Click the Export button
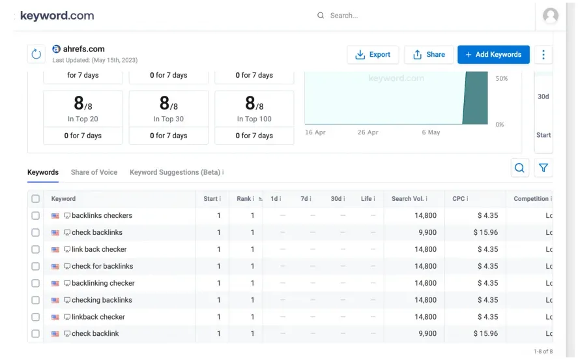373,55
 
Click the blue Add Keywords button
493,55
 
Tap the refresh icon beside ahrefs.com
36,54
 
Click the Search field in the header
391,16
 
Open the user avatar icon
551,16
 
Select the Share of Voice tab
94,172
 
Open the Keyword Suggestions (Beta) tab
176,172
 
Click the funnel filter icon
543,168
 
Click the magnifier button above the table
519,168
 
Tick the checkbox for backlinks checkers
36,216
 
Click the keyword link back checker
99,249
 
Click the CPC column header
460,199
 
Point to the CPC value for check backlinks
485,232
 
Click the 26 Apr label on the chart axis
368,132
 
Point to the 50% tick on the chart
501,79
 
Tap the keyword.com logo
57,16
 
